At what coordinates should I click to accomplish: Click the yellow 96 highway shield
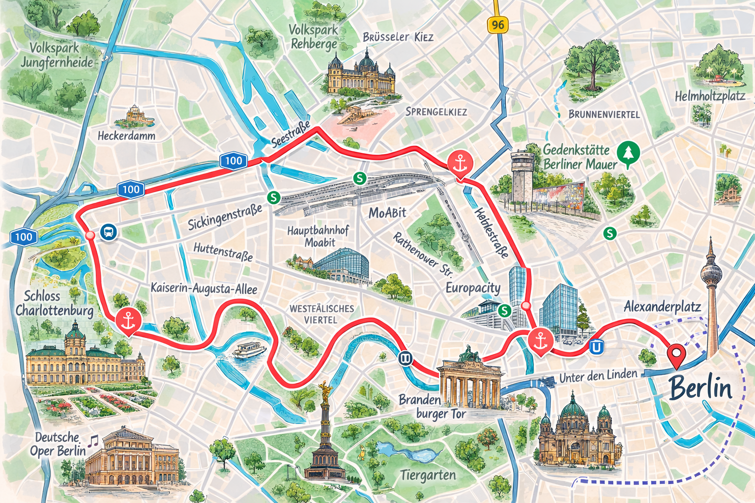pyautogui.click(x=497, y=25)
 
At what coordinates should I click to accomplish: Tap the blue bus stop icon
pyautogui.click(x=108, y=232)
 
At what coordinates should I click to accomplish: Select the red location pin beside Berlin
pyautogui.click(x=677, y=355)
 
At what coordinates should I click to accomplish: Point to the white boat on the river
pyautogui.click(x=249, y=350)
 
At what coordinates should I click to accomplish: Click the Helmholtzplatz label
pyautogui.click(x=709, y=96)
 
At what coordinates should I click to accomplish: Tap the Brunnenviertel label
pyautogui.click(x=604, y=114)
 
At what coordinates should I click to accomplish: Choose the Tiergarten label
pyautogui.click(x=428, y=475)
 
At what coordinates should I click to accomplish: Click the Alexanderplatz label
pyautogui.click(x=662, y=307)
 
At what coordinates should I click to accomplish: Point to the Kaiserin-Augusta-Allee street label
pyautogui.click(x=203, y=288)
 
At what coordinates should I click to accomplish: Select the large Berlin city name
pyautogui.click(x=700, y=388)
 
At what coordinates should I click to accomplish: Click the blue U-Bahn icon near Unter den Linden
pyautogui.click(x=596, y=347)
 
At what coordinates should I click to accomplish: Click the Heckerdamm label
pyautogui.click(x=126, y=136)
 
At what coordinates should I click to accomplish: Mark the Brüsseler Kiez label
pyautogui.click(x=398, y=37)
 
